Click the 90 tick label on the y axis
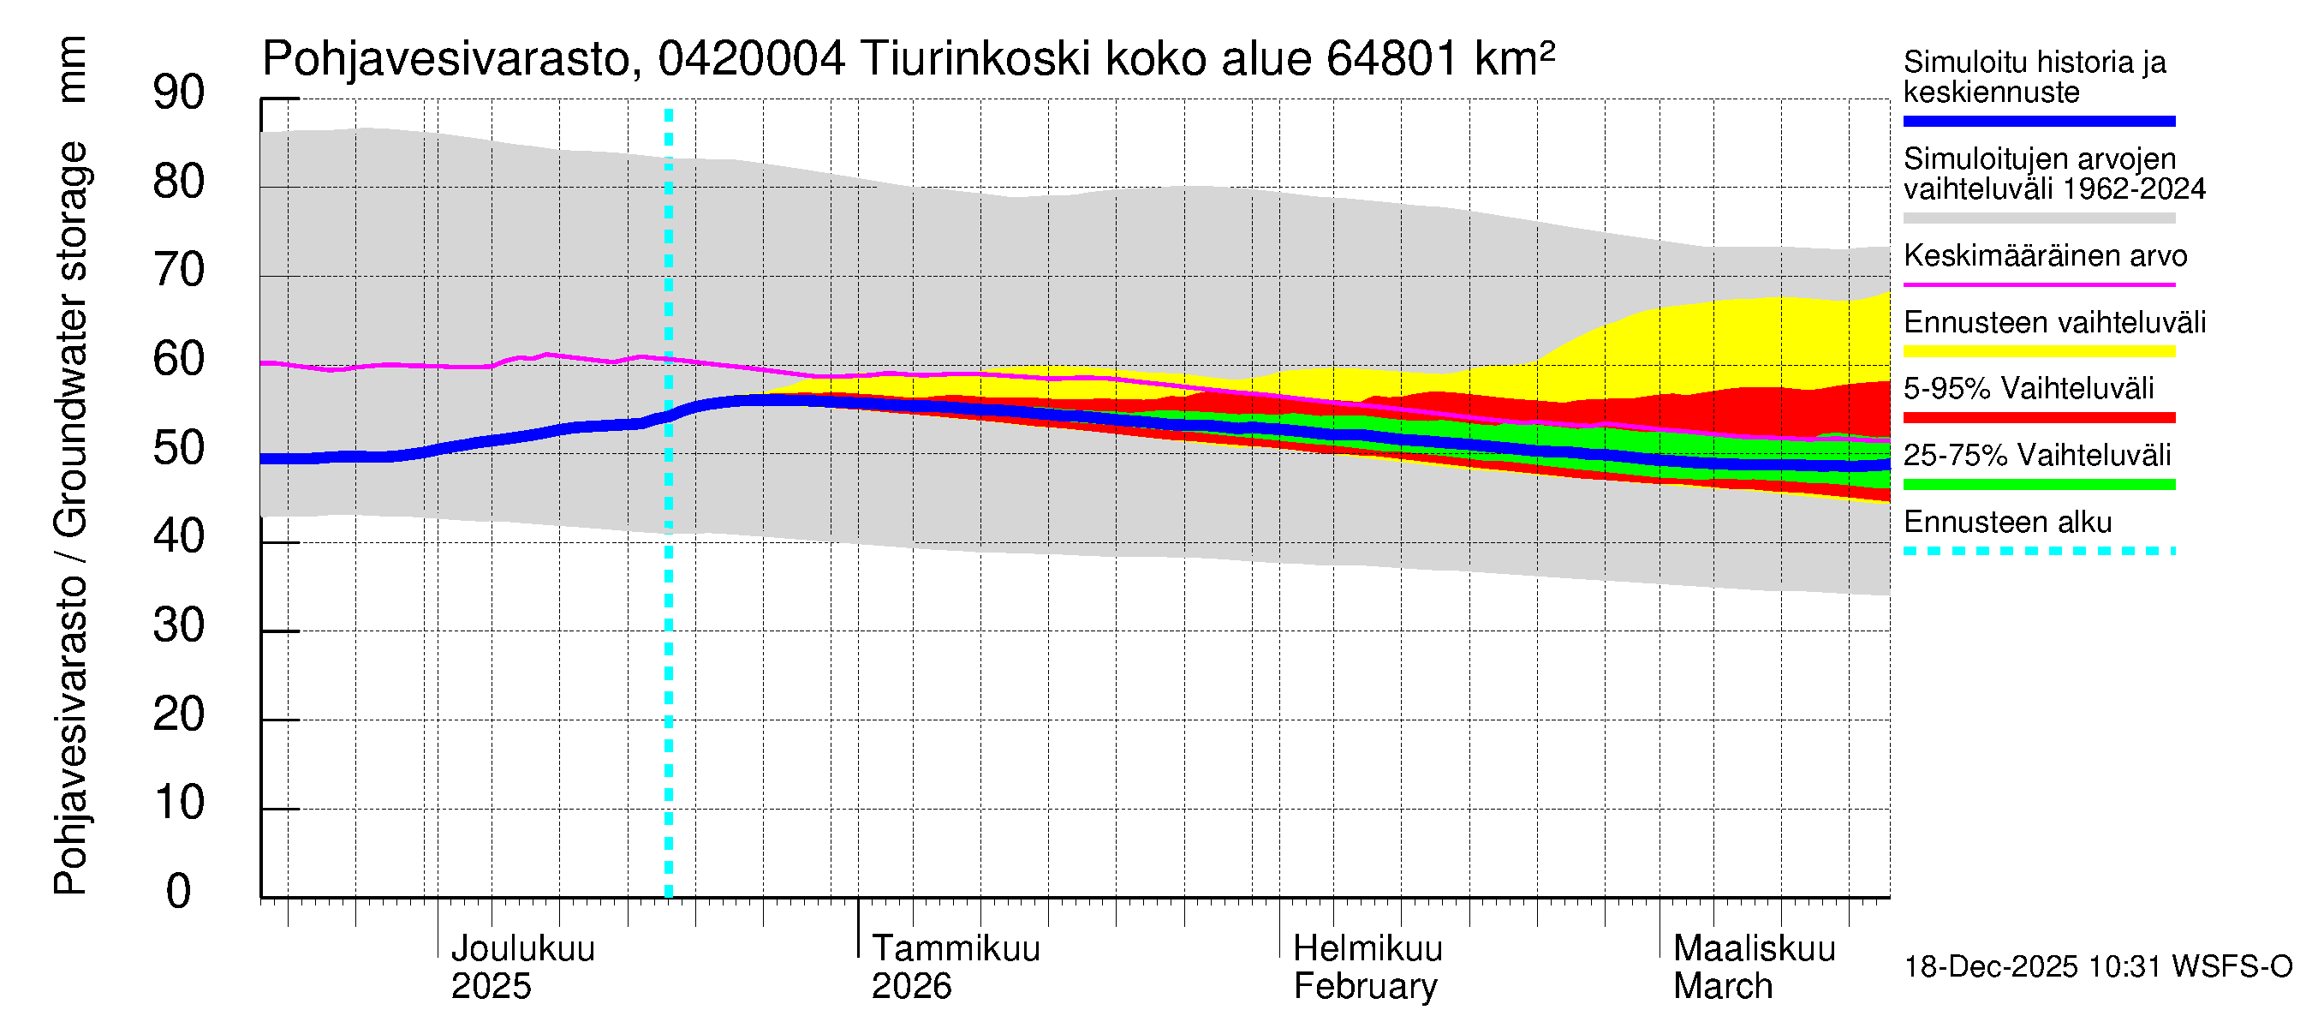(179, 93)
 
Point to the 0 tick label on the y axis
(179, 892)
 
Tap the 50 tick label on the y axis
(179, 448)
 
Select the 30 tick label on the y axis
(179, 625)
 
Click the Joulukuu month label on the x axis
(522, 948)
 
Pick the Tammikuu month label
(955, 948)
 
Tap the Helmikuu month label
(1367, 948)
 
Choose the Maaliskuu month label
(1754, 948)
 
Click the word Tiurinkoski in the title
(974, 59)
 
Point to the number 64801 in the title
(1391, 59)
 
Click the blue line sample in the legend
(2038, 121)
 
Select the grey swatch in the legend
(2038, 218)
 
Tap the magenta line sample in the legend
(2038, 284)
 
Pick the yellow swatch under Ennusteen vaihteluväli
(2038, 351)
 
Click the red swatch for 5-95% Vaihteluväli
(2038, 417)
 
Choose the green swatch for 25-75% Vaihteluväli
(2038, 485)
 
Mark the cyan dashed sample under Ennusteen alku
(2038, 551)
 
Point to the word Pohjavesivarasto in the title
(446, 59)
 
